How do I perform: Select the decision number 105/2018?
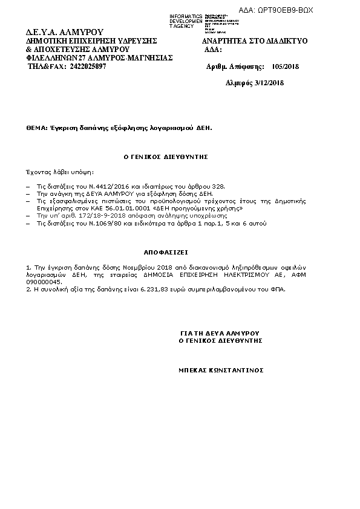coord(286,66)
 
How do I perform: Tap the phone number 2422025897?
coord(88,66)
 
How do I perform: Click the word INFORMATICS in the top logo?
coord(186,16)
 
